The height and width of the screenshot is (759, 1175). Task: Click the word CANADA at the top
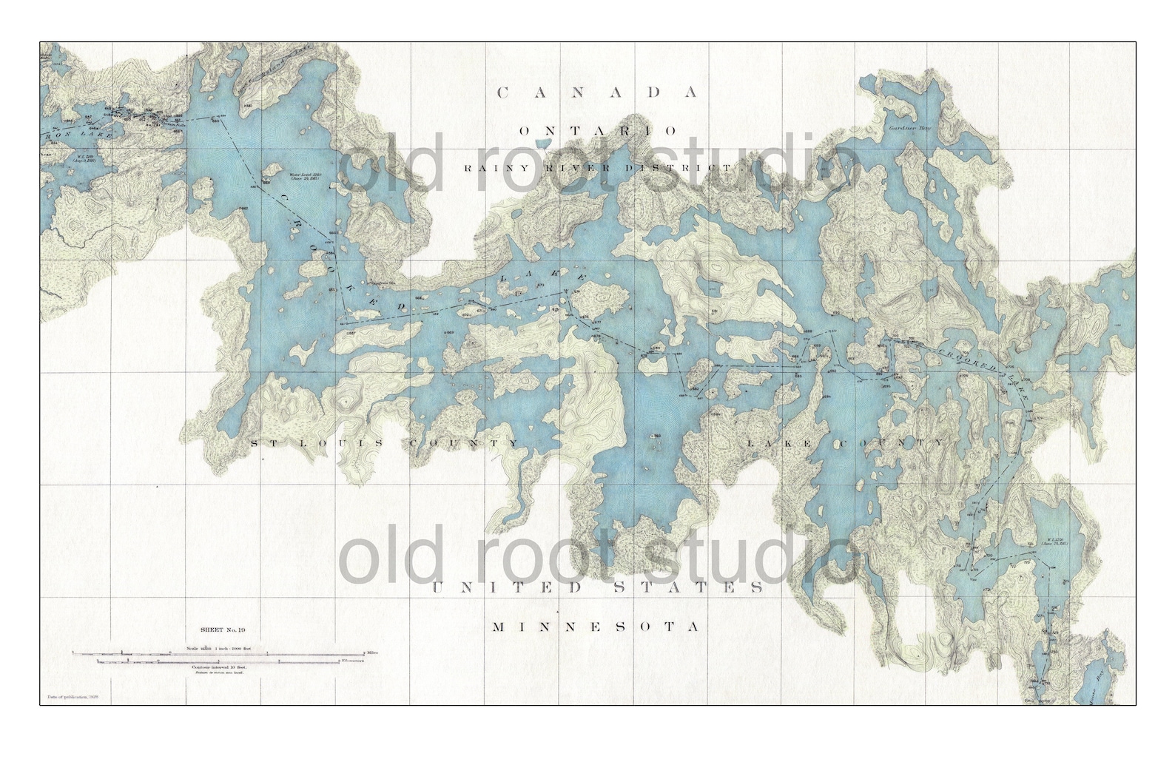click(x=597, y=92)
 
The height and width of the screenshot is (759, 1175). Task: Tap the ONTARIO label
click(x=597, y=131)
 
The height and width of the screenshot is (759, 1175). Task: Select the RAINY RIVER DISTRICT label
click(x=601, y=168)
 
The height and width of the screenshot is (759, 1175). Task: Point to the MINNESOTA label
click(x=596, y=627)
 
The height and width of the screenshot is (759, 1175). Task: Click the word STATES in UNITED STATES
click(x=696, y=587)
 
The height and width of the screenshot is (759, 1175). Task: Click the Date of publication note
click(x=71, y=696)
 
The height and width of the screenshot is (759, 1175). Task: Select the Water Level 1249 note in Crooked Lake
click(x=303, y=176)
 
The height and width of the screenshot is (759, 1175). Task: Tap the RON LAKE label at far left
click(x=78, y=136)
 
